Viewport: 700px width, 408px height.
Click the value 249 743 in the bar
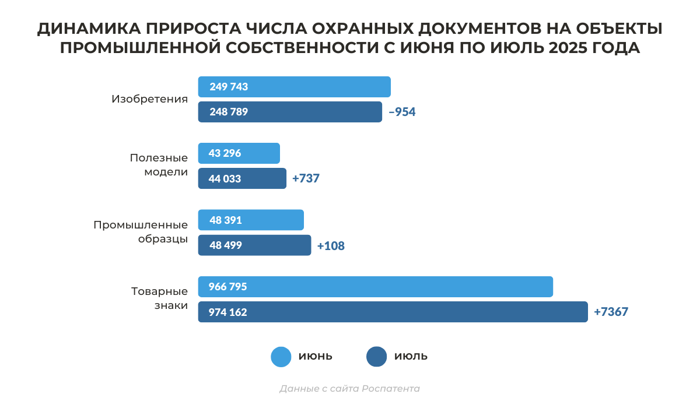(229, 87)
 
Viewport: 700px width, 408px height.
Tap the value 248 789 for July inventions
(229, 112)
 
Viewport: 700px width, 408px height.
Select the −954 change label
(402, 112)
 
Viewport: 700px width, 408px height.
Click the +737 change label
(306, 178)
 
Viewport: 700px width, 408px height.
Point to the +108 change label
(331, 245)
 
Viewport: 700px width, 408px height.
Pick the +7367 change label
(611, 312)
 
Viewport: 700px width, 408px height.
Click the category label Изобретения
(149, 99)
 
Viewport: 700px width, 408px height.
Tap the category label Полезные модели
(159, 165)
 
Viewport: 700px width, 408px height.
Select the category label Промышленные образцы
(141, 231)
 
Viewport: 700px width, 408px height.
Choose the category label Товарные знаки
(159, 298)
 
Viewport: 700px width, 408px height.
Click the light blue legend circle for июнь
(281, 357)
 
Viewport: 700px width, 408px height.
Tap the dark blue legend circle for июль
(377, 357)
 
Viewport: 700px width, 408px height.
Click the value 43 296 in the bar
(225, 153)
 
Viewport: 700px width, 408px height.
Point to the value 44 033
(225, 178)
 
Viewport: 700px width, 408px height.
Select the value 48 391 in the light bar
(225, 220)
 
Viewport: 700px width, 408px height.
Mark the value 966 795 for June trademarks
(228, 287)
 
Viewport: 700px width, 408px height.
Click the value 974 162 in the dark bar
(228, 312)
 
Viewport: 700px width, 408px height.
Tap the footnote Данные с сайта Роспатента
(349, 388)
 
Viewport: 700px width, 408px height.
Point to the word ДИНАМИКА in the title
(82, 29)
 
